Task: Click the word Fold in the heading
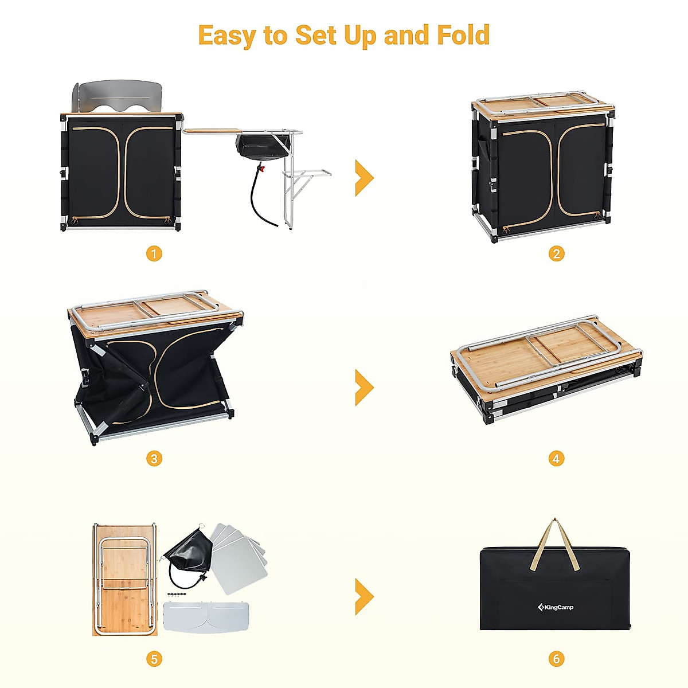pyautogui.click(x=463, y=35)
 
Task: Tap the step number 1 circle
pyautogui.click(x=154, y=253)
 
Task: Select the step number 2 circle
pyautogui.click(x=556, y=253)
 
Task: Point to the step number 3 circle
pyautogui.click(x=154, y=459)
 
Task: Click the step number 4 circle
pyautogui.click(x=556, y=459)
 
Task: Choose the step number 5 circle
pyautogui.click(x=154, y=659)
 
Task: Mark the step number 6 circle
pyautogui.click(x=556, y=659)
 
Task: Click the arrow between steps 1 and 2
pyautogui.click(x=364, y=178)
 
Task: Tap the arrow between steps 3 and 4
pyautogui.click(x=364, y=388)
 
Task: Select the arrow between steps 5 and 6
pyautogui.click(x=364, y=596)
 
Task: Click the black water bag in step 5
pyautogui.click(x=189, y=553)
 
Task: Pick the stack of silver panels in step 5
pyautogui.click(x=238, y=556)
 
